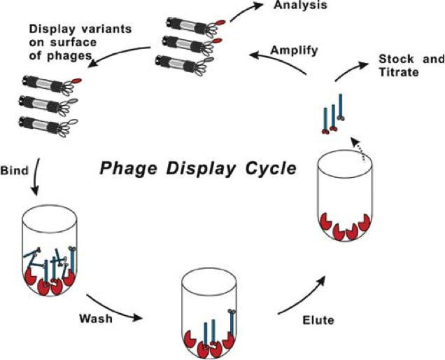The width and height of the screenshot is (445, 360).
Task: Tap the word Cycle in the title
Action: click(x=267, y=170)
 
